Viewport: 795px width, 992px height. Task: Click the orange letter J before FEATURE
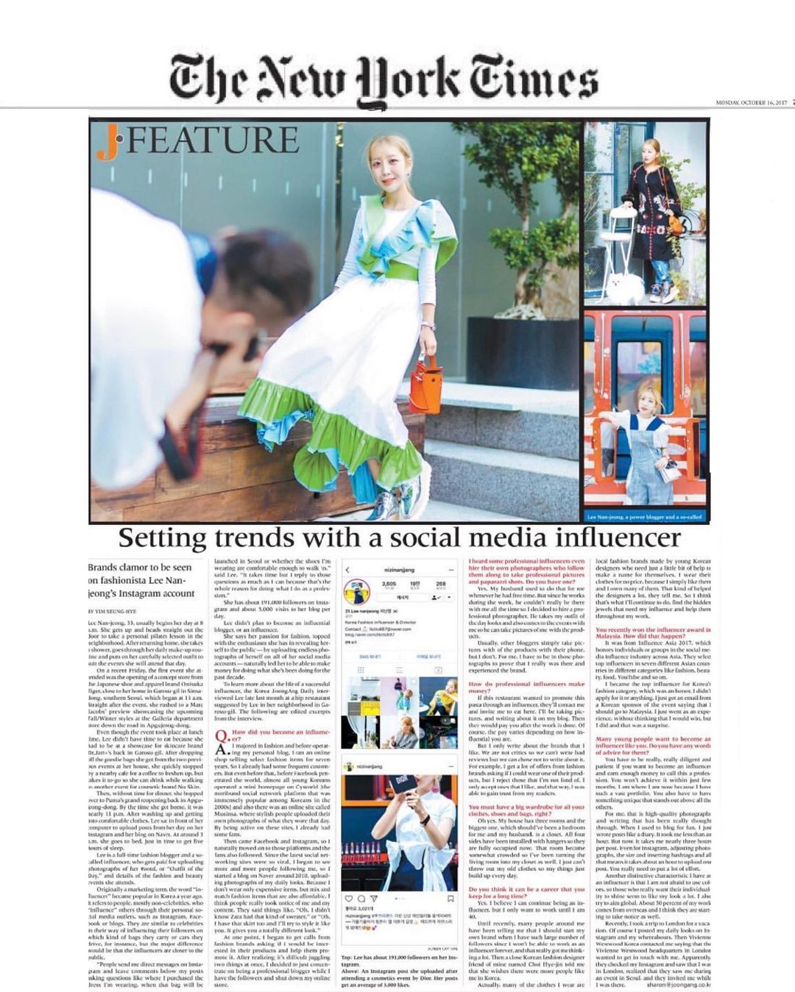(x=107, y=143)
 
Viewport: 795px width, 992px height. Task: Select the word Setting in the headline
(x=162, y=538)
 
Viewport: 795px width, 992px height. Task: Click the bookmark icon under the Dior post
(x=451, y=899)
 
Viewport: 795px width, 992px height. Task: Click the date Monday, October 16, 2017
(x=751, y=103)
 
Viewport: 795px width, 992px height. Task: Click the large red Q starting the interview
(x=220, y=736)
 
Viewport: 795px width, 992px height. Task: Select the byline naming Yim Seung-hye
(x=113, y=611)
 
